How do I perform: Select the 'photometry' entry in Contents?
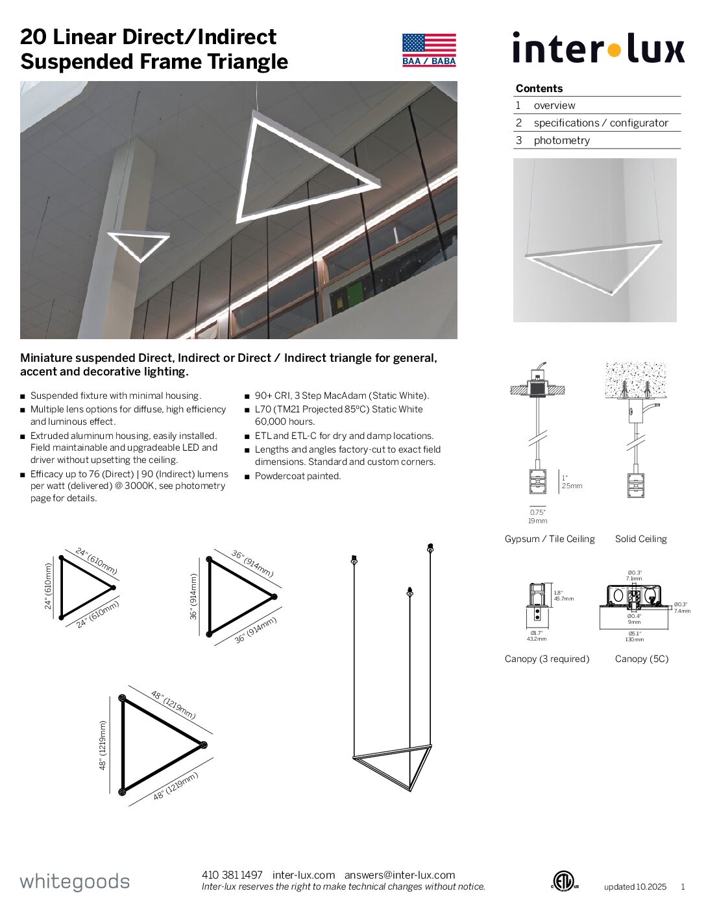pos(561,140)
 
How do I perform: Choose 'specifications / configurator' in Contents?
pos(600,123)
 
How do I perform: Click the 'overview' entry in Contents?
pos(554,105)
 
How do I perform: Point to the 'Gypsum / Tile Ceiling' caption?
pos(550,539)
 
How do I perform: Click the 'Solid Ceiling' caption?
pos(640,539)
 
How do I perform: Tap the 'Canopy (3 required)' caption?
pos(547,659)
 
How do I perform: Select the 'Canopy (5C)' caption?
pos(641,659)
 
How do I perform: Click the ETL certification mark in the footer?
pos(564,881)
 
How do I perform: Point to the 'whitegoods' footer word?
pos(75,882)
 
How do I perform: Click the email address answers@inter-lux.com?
pos(400,875)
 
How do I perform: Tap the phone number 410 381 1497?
pos(232,875)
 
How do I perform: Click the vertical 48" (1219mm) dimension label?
pos(103,745)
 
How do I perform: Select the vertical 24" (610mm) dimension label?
pos(48,586)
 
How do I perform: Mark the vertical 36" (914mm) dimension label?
pos(193,596)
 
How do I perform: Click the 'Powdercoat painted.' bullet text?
pos(298,476)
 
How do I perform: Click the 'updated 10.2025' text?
pos(635,886)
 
